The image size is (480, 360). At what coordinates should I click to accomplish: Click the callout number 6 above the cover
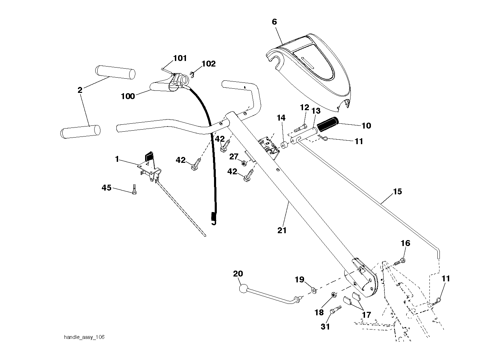pos(274,21)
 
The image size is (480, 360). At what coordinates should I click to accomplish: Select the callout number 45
pos(107,188)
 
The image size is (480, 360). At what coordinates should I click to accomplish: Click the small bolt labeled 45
pos(134,190)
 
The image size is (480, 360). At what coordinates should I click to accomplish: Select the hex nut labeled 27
pos(244,163)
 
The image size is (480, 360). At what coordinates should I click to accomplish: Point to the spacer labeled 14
pos(284,145)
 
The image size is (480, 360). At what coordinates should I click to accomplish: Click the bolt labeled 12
pos(300,128)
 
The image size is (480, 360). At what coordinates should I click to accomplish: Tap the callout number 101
pos(180,58)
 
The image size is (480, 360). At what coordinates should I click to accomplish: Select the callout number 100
pos(128,96)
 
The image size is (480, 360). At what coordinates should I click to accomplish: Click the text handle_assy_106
pos(84,337)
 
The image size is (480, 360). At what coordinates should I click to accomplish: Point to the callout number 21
pos(282,230)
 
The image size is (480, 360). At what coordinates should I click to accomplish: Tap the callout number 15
pos(397,191)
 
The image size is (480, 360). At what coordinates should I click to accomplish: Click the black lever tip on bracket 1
pos(149,156)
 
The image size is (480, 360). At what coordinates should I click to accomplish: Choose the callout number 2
pos(80,90)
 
